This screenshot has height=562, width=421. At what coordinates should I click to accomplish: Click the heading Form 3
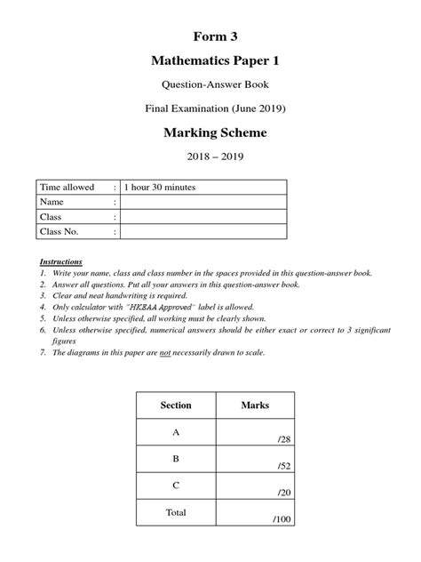[x=210, y=36]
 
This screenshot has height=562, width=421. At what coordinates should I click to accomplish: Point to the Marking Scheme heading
[x=210, y=134]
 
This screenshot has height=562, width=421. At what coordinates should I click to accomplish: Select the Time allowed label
[x=67, y=188]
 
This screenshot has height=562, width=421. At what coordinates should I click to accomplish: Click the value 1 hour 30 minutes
[x=160, y=188]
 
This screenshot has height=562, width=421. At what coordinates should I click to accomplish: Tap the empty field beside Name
[x=203, y=203]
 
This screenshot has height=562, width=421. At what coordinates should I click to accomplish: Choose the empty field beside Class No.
[x=203, y=232]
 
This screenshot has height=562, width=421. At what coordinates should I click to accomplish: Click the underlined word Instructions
[x=61, y=262]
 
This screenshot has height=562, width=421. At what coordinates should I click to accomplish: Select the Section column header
[x=176, y=405]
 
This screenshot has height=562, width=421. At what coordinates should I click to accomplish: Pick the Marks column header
[x=255, y=405]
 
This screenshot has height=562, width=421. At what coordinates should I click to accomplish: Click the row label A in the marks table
[x=176, y=431]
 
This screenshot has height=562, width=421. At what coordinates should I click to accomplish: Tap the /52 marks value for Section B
[x=283, y=466]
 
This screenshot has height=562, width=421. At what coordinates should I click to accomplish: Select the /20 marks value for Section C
[x=283, y=492]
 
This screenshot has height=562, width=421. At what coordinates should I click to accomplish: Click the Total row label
[x=176, y=513]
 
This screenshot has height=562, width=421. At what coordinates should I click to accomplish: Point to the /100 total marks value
[x=282, y=518]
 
